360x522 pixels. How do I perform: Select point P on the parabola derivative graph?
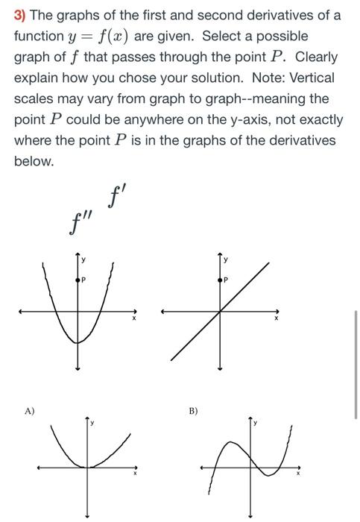pyautogui.click(x=78, y=280)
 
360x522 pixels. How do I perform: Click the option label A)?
pyautogui.click(x=29, y=410)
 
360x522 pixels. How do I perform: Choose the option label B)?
pyautogui.click(x=194, y=410)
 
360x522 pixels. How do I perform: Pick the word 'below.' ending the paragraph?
pyautogui.click(x=34, y=161)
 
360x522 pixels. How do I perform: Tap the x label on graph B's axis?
pyautogui.click(x=299, y=474)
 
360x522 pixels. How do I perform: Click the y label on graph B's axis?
pyautogui.click(x=255, y=423)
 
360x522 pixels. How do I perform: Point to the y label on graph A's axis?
pyautogui.click(x=92, y=423)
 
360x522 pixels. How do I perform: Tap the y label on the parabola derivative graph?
pyautogui.click(x=83, y=260)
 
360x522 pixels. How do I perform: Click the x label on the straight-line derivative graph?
pyautogui.click(x=276, y=318)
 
